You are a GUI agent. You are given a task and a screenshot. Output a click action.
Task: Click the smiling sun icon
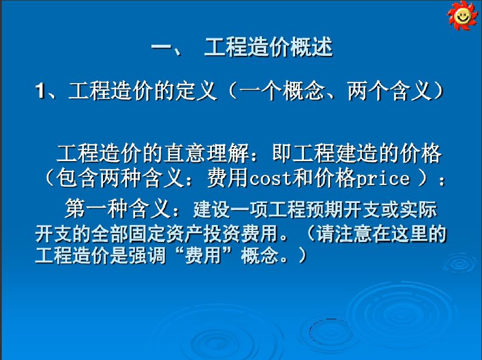[463, 15]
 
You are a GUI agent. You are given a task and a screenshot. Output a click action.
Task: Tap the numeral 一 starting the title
[161, 47]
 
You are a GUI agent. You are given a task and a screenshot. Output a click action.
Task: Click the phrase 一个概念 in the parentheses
[282, 91]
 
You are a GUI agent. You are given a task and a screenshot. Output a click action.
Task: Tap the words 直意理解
[206, 154]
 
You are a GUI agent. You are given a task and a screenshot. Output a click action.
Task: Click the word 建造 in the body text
[357, 154]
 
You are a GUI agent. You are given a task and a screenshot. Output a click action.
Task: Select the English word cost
[270, 179]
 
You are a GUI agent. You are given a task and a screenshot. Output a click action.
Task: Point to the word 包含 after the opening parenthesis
[77, 178]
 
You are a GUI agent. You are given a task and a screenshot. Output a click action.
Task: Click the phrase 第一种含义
[118, 209]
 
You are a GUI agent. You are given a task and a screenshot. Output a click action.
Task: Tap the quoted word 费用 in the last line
[203, 255]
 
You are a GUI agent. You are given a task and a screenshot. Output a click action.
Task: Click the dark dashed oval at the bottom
[331, 332]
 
